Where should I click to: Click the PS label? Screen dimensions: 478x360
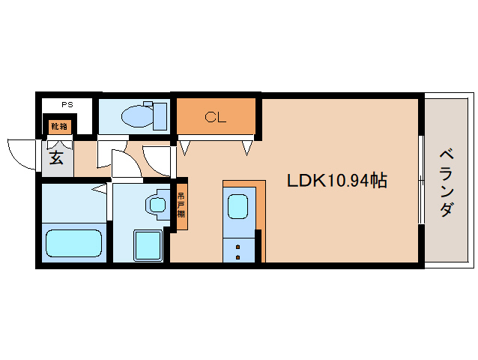coord(67,105)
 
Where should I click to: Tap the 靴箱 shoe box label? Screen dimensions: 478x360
coord(59,126)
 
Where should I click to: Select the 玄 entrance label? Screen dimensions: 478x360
coord(56,157)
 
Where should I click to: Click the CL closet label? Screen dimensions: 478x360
coord(216,117)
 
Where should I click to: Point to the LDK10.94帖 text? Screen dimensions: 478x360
coord(337,180)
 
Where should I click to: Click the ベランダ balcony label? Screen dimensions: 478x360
coord(447,183)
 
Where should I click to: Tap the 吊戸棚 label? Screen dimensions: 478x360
coord(181,205)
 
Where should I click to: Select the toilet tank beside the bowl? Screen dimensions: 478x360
coord(160,116)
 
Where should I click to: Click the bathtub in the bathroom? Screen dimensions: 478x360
coord(73,243)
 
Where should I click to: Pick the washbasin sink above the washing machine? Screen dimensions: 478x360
coord(157,205)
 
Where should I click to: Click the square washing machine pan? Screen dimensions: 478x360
coord(148,245)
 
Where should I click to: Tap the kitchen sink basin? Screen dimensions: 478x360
coord(238,207)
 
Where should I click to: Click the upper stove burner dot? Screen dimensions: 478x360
coord(238,247)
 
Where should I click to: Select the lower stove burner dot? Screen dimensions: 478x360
coord(238,257)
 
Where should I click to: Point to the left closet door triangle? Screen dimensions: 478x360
coord(185,148)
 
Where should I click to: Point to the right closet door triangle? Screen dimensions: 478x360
coord(247,148)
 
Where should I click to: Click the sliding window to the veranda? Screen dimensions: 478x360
coord(421,180)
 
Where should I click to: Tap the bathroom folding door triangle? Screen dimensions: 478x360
coord(100,188)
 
